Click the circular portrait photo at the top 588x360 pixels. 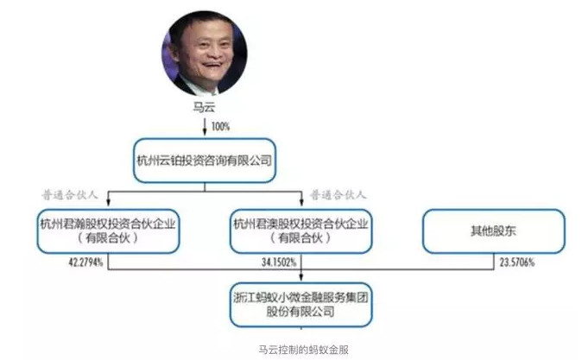pyautogui.click(x=205, y=54)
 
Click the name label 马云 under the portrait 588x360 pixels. pyautogui.click(x=205, y=107)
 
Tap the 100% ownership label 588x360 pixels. pyautogui.click(x=220, y=126)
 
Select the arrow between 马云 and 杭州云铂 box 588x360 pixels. pyautogui.click(x=205, y=126)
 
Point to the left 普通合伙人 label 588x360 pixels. pyautogui.click(x=70, y=195)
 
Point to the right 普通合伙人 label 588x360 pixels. pyautogui.click(x=338, y=195)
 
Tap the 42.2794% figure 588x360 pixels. pyautogui.click(x=85, y=262)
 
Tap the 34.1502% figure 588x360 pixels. pyautogui.click(x=279, y=262)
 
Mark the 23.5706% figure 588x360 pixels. pyautogui.click(x=516, y=262)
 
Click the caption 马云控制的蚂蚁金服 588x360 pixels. pyautogui.click(x=304, y=350)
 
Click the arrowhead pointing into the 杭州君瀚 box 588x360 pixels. pyautogui.click(x=109, y=203)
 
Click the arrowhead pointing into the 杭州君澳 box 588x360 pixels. pyautogui.click(x=301, y=203)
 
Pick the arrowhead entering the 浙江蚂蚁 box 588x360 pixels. pyautogui.click(x=301, y=277)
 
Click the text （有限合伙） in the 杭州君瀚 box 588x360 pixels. pyautogui.click(x=108, y=237)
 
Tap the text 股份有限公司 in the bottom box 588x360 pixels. pyautogui.click(x=300, y=312)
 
